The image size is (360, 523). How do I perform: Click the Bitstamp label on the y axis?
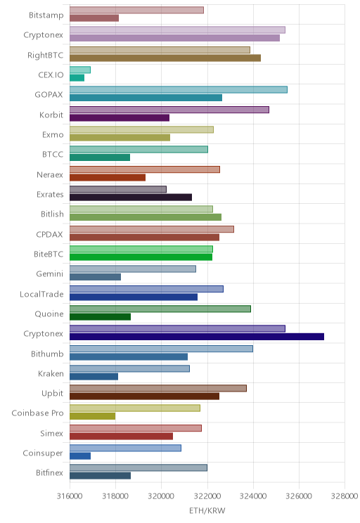click(46, 15)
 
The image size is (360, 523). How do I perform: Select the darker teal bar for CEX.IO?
click(77, 78)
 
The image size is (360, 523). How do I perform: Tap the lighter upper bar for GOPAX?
click(179, 90)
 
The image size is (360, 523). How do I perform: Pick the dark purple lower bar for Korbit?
click(120, 117)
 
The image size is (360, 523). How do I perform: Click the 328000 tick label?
click(345, 496)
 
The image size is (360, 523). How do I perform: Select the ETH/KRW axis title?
click(207, 510)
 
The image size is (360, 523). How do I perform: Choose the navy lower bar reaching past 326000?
click(197, 337)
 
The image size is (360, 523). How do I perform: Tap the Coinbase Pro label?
click(37, 413)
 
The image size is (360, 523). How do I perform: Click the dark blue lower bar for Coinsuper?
click(80, 456)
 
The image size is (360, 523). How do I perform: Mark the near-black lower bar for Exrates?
click(131, 197)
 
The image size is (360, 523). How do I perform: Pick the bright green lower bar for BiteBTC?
click(141, 257)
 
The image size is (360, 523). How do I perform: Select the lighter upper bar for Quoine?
click(160, 309)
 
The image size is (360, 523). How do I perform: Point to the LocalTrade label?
click(41, 294)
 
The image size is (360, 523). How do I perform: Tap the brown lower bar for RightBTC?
click(165, 58)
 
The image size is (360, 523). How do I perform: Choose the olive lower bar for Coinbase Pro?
click(92, 416)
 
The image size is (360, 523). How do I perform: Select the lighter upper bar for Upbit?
click(158, 388)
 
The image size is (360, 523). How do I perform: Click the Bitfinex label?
click(49, 472)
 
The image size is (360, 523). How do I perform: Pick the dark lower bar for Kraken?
click(94, 377)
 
